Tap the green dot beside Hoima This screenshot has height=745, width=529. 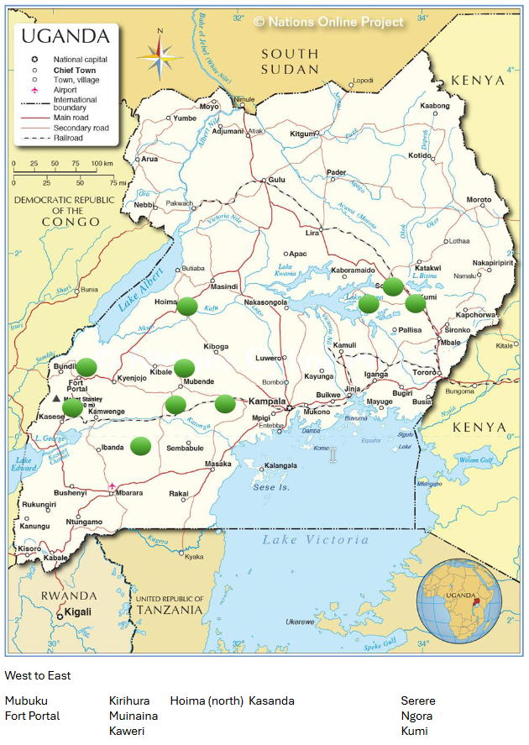[187, 307]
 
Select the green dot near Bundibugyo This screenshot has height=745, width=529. [86, 367]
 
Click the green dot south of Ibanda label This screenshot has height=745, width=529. [140, 446]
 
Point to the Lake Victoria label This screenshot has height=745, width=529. [315, 540]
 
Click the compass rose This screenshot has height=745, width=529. [160, 55]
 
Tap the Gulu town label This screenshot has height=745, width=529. [277, 180]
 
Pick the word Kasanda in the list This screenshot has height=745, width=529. [271, 700]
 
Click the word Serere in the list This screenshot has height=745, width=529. [417, 700]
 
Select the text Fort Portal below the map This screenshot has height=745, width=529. [32, 716]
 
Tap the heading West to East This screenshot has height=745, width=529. [38, 675]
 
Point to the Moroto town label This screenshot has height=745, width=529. [479, 200]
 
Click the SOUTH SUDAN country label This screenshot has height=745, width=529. [290, 61]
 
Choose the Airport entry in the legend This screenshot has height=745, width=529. [66, 88]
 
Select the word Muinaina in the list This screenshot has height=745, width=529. [133, 716]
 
